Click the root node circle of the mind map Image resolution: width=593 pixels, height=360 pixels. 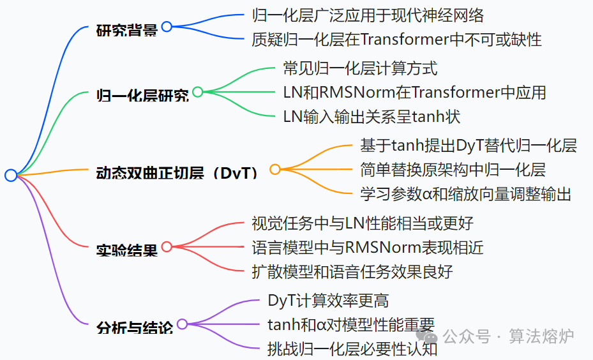11,175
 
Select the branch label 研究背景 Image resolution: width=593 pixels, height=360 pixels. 126,30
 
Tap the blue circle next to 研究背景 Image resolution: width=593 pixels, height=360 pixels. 167,27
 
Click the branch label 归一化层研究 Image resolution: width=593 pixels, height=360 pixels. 142,96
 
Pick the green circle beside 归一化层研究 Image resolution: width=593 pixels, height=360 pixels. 198,92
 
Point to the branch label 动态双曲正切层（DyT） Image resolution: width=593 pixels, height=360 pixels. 177,173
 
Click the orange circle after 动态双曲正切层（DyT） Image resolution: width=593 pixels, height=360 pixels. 275,169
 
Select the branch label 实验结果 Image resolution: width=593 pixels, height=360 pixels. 126,250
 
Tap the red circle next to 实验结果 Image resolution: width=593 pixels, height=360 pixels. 167,246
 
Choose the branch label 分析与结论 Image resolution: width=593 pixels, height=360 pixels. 134,328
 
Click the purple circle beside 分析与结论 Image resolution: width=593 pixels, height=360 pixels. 183,324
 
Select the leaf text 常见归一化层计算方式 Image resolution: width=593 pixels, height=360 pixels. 360,68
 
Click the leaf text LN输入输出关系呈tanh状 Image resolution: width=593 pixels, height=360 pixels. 372,117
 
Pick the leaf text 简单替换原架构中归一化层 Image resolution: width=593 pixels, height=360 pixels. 453,170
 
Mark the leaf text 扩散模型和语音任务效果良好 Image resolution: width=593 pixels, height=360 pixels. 352,271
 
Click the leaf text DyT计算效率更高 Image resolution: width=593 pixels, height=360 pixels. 328,300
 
